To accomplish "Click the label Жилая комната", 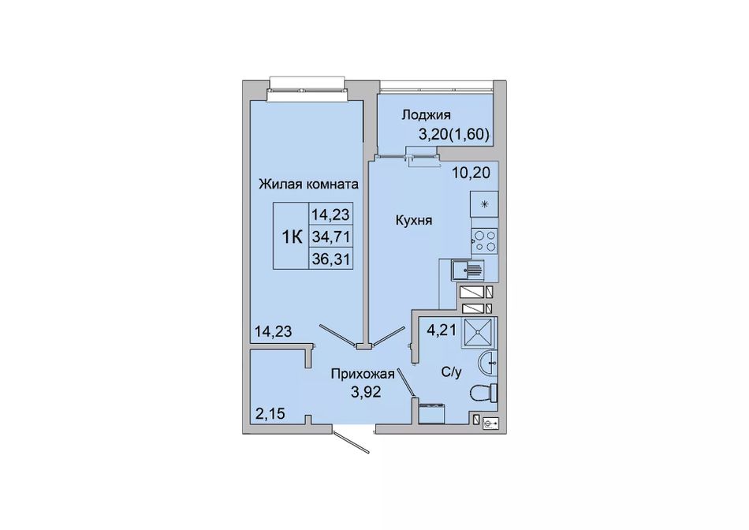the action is (308, 184).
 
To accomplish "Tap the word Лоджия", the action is (426, 114).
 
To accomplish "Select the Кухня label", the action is (414, 220).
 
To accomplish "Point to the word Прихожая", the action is (363, 374).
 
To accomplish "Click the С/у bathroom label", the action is (452, 372).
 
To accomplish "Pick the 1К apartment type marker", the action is (292, 236).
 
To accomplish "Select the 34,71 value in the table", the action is (331, 236).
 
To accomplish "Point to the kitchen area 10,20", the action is (471, 172).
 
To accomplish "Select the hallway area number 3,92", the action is (366, 392).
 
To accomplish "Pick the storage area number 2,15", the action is (270, 413).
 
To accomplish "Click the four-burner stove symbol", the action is (484, 241).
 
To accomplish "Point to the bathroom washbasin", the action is (488, 364).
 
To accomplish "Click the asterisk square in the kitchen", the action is (484, 204).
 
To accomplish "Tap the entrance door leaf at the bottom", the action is (352, 442).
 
